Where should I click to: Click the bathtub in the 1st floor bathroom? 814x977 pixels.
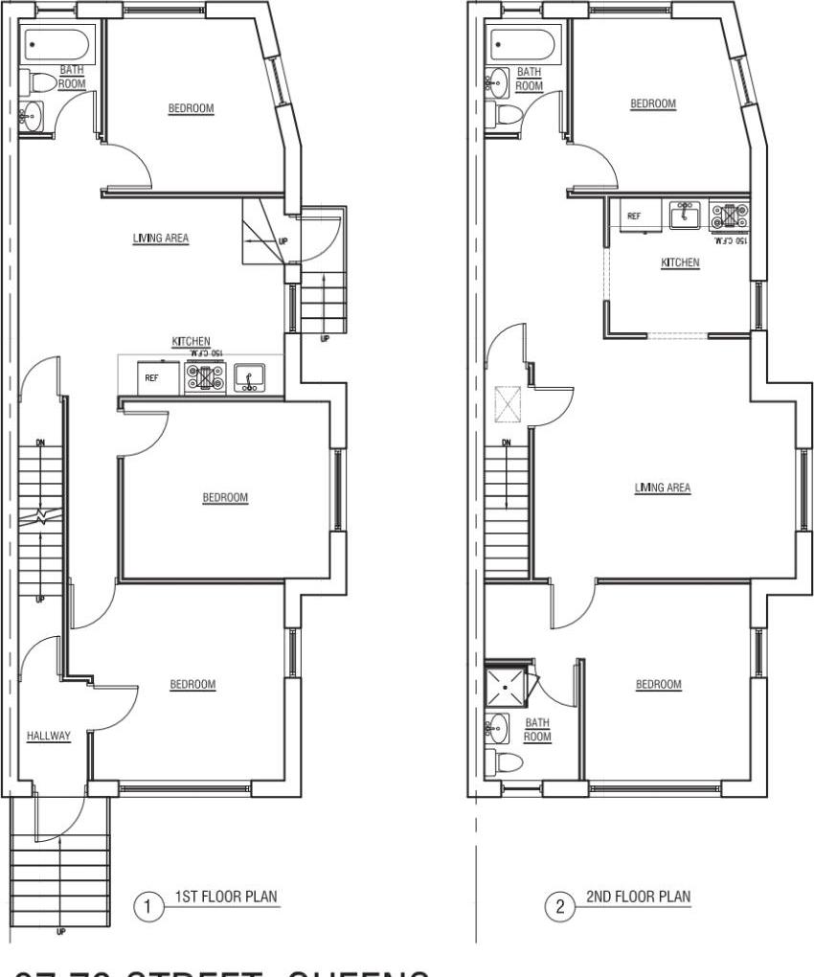(54, 44)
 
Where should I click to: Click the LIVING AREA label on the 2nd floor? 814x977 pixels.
(662, 488)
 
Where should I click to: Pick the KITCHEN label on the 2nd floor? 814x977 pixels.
(680, 261)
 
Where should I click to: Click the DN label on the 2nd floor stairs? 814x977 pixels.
(506, 442)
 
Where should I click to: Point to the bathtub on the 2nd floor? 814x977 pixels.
(522, 44)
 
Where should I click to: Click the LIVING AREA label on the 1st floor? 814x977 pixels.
(160, 239)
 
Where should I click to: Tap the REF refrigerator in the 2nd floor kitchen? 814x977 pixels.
(634, 216)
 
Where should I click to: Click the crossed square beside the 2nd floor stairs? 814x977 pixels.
(505, 404)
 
